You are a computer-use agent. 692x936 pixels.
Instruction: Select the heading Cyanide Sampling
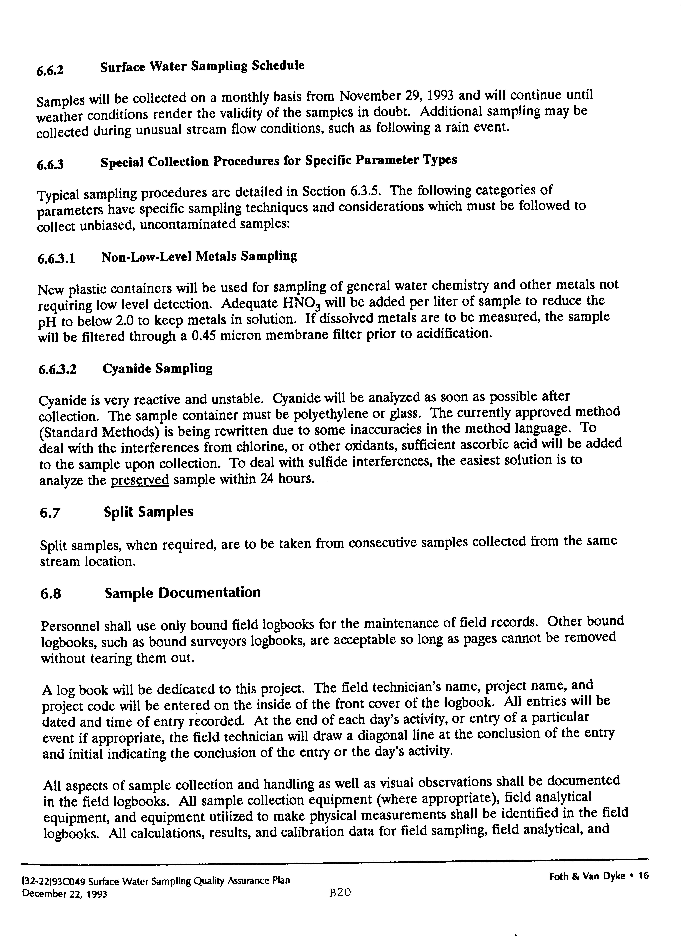click(x=158, y=369)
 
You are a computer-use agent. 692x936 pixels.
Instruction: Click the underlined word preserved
click(x=139, y=479)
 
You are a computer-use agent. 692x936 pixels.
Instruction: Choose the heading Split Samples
click(x=149, y=512)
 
